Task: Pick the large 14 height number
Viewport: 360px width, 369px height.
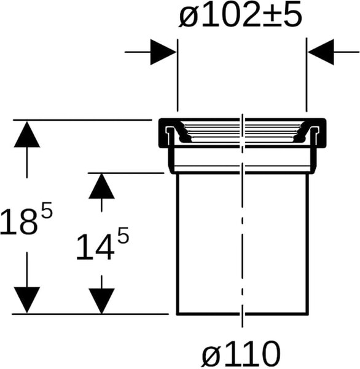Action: coord(95,248)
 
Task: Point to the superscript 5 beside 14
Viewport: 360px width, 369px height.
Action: coord(123,236)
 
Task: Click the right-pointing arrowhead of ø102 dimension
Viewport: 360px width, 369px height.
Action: coord(163,52)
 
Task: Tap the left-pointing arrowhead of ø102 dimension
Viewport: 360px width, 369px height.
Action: coord(321,52)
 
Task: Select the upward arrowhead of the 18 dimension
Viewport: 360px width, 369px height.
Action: coord(27,134)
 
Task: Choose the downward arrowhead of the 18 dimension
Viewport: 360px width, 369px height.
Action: coord(27,300)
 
